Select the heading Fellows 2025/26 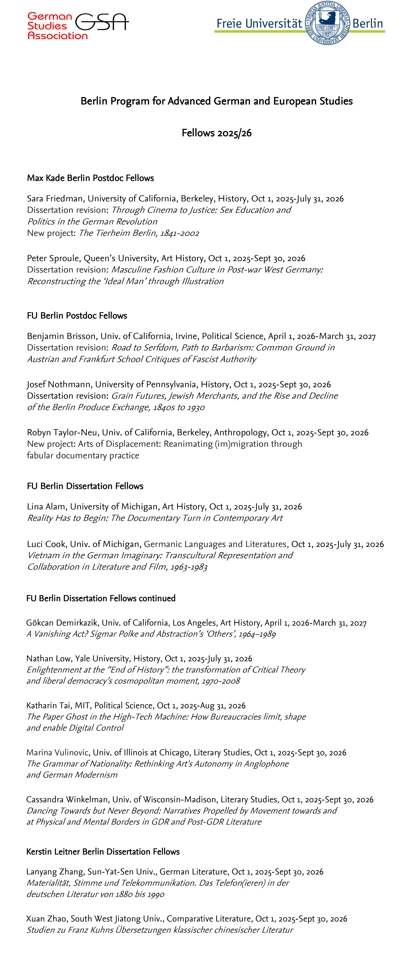tap(217, 133)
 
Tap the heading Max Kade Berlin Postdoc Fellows tap(90, 178)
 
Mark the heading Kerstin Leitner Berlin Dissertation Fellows tap(103, 852)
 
